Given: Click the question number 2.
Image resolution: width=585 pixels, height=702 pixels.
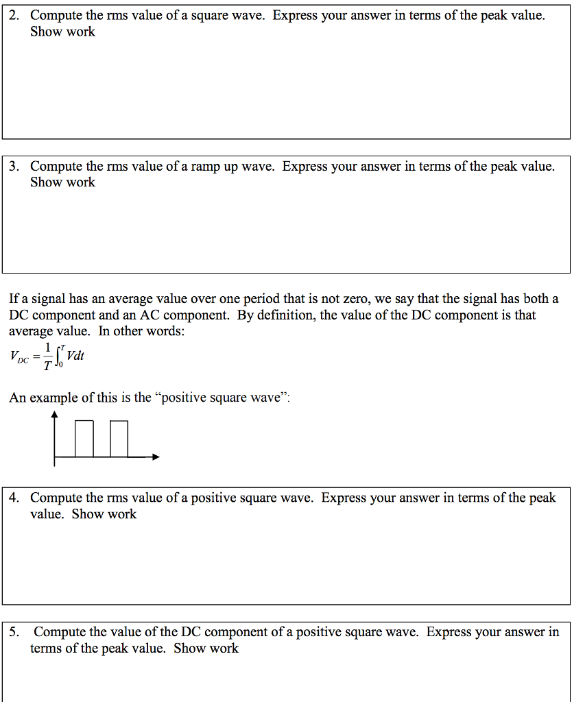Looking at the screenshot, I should point(14,15).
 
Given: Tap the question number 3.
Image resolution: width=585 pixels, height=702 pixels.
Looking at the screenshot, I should point(14,166).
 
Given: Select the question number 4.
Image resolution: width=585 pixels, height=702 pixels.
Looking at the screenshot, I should point(14,498).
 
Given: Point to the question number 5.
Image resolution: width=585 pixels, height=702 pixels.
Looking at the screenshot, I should point(14,632).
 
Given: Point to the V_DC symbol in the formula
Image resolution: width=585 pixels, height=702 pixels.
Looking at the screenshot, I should point(20,357).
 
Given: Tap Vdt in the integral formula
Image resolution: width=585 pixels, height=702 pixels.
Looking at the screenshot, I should point(75,356).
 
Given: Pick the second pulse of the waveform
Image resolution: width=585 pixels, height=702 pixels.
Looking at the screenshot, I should point(119,438).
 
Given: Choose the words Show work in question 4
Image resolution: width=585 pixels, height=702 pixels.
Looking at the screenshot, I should point(104,514).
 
